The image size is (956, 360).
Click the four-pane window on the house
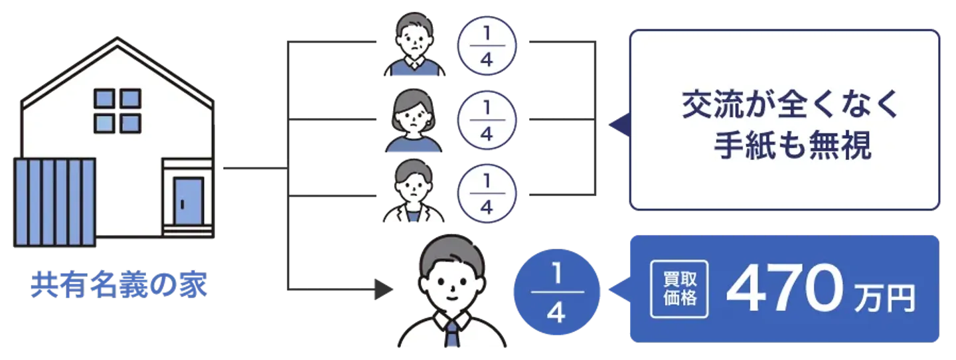(x=118, y=110)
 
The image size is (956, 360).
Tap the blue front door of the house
(x=188, y=201)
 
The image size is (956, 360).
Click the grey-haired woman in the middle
(x=414, y=122)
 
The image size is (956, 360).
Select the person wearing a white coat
(x=414, y=193)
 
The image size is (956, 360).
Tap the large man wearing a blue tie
(x=451, y=296)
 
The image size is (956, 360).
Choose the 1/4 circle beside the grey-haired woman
(x=487, y=121)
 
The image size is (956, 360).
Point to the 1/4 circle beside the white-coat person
(x=487, y=193)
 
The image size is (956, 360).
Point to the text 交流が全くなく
(x=790, y=106)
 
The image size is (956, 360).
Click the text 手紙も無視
(x=792, y=147)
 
